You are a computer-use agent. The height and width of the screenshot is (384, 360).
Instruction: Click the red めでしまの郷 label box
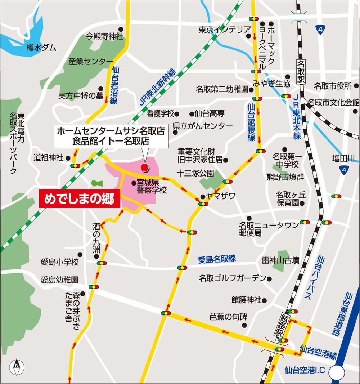[79, 198]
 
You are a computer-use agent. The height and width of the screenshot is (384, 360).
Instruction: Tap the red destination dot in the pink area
[145, 168]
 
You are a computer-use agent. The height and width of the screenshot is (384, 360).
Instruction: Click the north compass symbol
[17, 366]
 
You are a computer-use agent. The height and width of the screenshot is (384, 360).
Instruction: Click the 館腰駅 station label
[283, 325]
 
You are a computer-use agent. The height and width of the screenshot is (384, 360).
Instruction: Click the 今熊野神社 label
[104, 36]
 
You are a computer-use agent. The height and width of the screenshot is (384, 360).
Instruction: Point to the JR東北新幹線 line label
[157, 87]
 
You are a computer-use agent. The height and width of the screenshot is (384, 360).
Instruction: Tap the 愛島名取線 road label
[217, 259]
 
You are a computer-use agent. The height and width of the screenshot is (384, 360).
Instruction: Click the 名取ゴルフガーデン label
[232, 278]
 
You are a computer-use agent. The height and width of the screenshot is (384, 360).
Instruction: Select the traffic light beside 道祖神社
[76, 166]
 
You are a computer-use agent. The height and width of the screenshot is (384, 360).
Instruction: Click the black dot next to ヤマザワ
[202, 197]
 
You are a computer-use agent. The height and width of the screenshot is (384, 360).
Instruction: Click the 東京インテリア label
[222, 30]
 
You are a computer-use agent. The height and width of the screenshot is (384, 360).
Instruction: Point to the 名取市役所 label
[332, 86]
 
